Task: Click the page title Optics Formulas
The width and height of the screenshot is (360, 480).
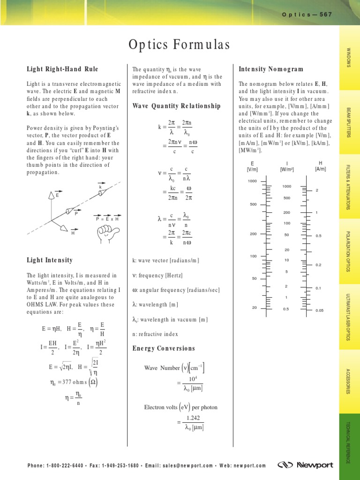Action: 180,45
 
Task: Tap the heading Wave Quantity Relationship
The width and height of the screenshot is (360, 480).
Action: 176,106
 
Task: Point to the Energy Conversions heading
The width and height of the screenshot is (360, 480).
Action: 164,348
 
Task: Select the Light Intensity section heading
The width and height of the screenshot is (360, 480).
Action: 50,260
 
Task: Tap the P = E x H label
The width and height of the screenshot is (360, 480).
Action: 107,219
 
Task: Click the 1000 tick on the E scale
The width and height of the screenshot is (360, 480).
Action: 253,181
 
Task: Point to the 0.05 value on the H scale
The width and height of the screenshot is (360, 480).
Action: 320,310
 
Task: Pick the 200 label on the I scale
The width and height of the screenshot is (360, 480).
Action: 286,212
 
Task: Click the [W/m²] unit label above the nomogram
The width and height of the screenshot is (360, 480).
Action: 286,169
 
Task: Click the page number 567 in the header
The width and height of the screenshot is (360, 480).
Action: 325,15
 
